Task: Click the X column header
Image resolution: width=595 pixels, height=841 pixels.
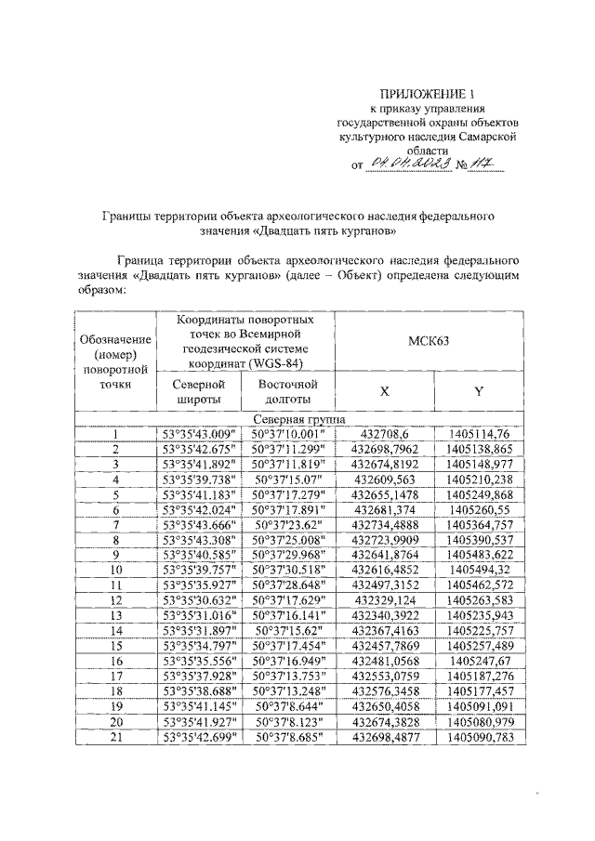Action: pos(383,391)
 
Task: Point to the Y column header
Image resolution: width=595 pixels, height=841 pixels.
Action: pos(478,391)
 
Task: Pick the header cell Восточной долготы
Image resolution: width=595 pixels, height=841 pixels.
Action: pos(287,391)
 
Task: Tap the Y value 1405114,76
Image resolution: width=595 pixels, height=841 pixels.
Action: pos(478,434)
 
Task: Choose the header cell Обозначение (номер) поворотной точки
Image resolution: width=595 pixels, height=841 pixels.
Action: pos(116,361)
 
